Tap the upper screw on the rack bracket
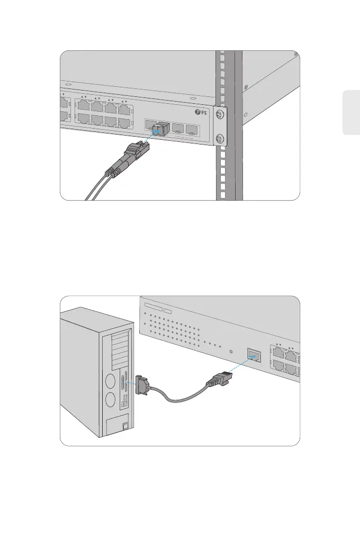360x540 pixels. (x=221, y=115)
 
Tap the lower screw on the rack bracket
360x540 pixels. (x=221, y=140)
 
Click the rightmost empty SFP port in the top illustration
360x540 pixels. (x=192, y=130)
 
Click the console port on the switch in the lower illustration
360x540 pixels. (x=255, y=355)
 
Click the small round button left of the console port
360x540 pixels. (x=230, y=351)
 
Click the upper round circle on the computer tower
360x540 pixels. (x=111, y=381)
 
